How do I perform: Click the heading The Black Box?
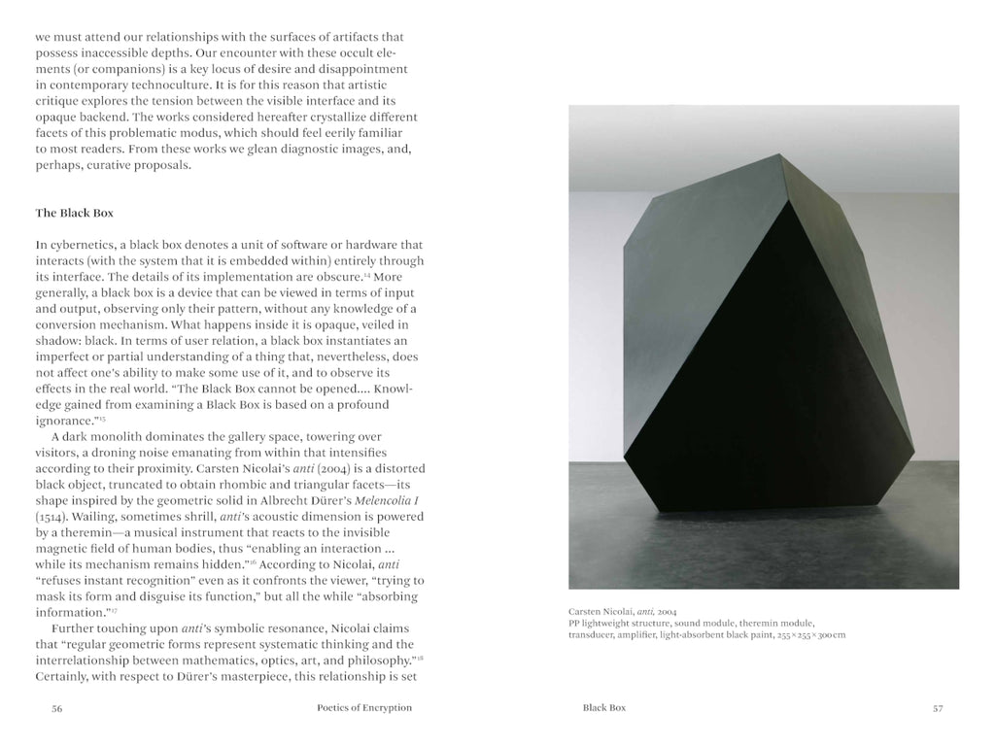[74, 212]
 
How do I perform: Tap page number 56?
[57, 708]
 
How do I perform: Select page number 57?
[938, 708]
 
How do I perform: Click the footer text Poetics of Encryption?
[364, 708]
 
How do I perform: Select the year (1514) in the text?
[51, 517]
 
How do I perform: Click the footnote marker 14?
[367, 275]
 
